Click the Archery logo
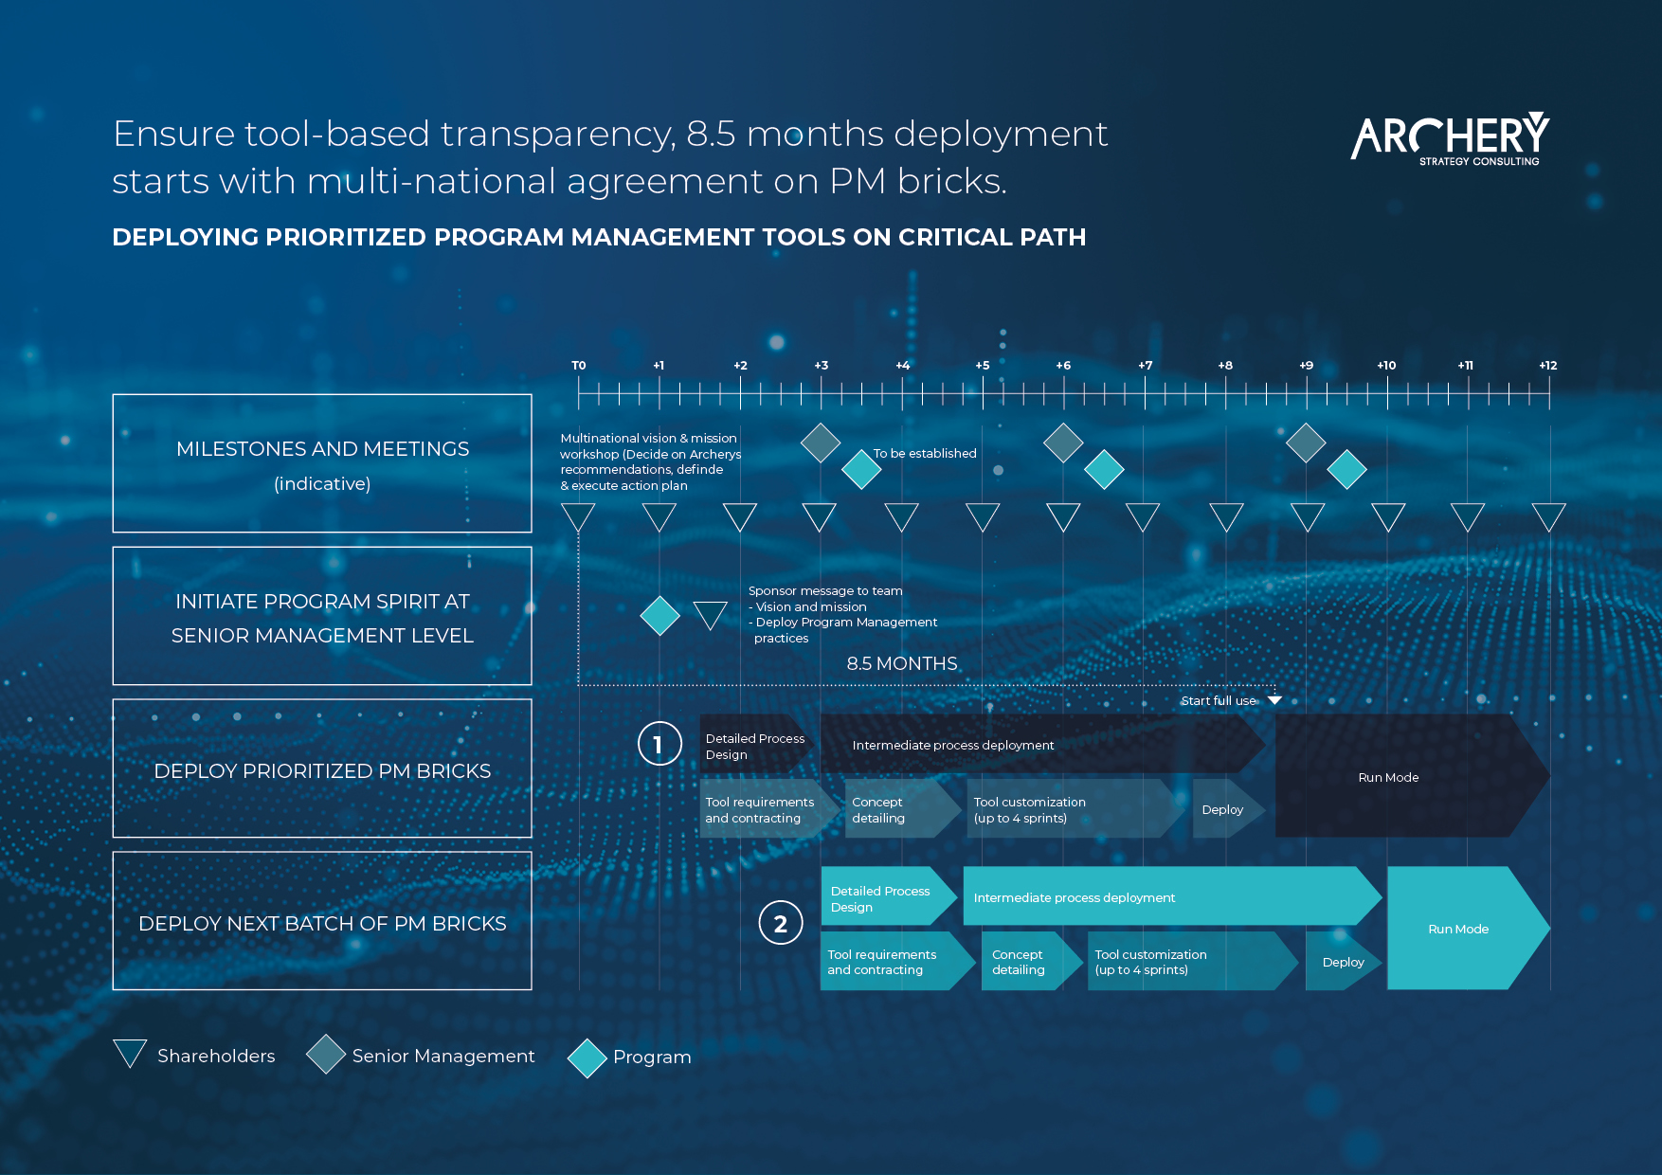coord(1450,139)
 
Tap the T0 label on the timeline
coord(578,366)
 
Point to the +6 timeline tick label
coord(1063,366)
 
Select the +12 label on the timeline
coord(1547,366)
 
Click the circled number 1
coord(659,744)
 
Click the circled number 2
coord(781,923)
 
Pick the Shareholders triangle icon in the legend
coord(130,1054)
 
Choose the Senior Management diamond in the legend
coord(326,1054)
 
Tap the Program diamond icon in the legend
coord(587,1058)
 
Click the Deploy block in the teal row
coord(1343,962)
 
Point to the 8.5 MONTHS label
coord(902,663)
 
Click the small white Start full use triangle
coord(1274,700)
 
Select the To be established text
coord(925,454)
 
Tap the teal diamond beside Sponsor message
coord(660,616)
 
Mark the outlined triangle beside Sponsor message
coord(711,615)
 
